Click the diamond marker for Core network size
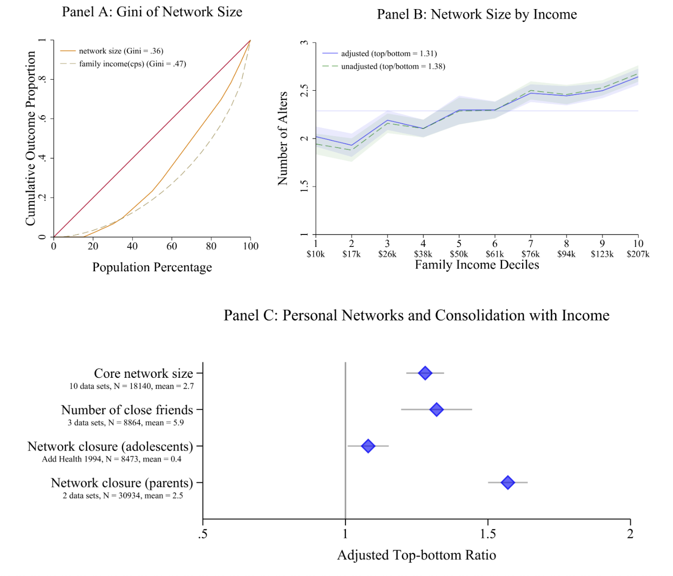425,373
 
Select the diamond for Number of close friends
436,409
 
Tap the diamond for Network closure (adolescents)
368,446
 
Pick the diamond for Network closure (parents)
508,482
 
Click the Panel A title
152,12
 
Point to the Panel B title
477,14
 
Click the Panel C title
416,315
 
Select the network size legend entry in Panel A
121,51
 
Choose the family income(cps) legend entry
132,64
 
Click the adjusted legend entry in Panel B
389,53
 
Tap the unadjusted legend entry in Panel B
393,66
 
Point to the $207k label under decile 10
638,254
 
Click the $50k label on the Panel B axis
459,254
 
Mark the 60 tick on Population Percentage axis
172,246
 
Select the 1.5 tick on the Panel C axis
488,534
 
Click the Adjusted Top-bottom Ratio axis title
416,555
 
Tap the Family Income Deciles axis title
477,265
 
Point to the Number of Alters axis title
283,139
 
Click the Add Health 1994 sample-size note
112,459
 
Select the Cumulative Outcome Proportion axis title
31,139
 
